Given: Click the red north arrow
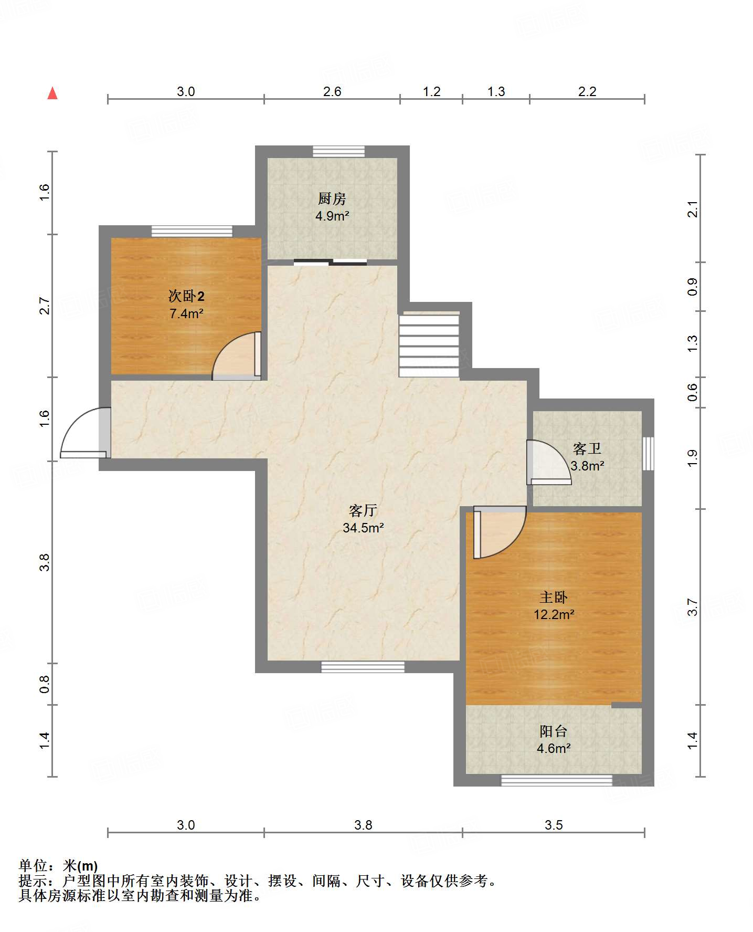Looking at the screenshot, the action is coord(52,93).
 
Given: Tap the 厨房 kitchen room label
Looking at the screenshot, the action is coord(332,199).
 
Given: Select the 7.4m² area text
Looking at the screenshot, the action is coord(186,314).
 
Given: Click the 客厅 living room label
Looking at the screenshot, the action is coord(363,510).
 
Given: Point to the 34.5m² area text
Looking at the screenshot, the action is coord(363,528).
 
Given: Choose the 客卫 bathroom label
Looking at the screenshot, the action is coord(587,448).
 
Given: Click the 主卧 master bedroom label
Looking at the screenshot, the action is coord(554,598).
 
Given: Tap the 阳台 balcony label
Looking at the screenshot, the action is coord(554,731).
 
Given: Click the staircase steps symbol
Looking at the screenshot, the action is coord(429,345).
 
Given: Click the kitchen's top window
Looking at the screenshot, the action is coord(338,152).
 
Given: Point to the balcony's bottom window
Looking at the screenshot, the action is coord(557,780).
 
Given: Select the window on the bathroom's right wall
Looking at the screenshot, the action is coord(649,453).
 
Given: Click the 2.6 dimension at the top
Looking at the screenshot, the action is coord(332,92).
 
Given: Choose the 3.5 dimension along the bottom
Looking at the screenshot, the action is coord(554,825).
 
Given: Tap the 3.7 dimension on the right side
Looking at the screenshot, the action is coord(693,607).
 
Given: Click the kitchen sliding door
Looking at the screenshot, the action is coord(330,263).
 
